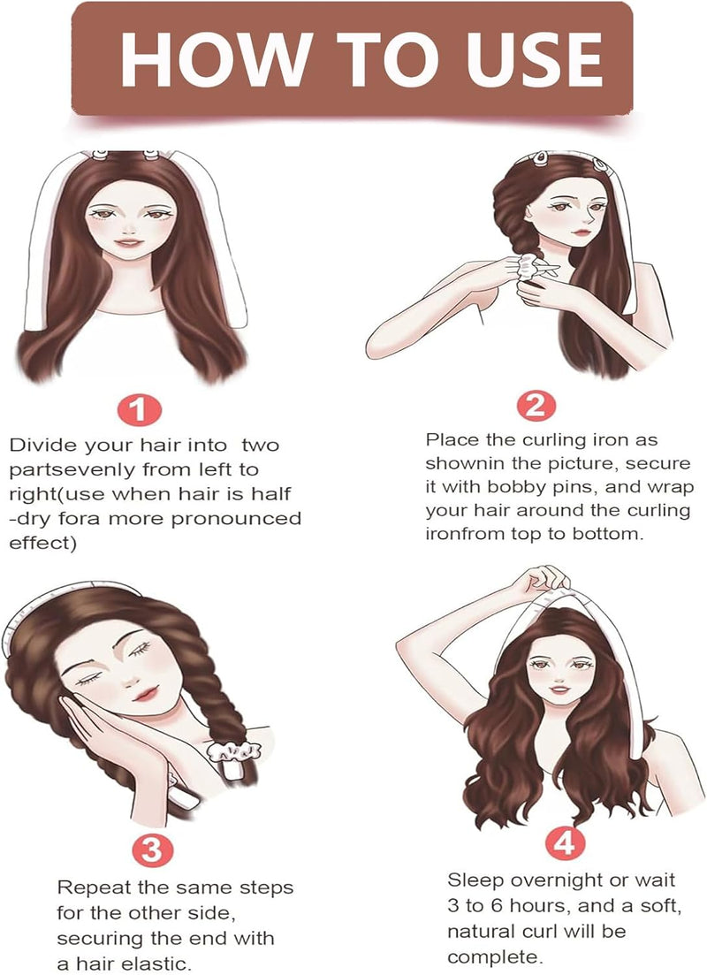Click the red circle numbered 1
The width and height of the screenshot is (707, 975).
(140, 411)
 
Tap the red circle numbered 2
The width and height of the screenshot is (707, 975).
(536, 406)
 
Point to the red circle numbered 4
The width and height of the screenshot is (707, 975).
(565, 844)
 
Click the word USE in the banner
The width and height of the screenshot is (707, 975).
(535, 58)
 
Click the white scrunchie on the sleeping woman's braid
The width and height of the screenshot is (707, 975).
(227, 750)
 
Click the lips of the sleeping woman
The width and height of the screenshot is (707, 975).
(145, 692)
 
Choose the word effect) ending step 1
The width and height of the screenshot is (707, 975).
(42, 543)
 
